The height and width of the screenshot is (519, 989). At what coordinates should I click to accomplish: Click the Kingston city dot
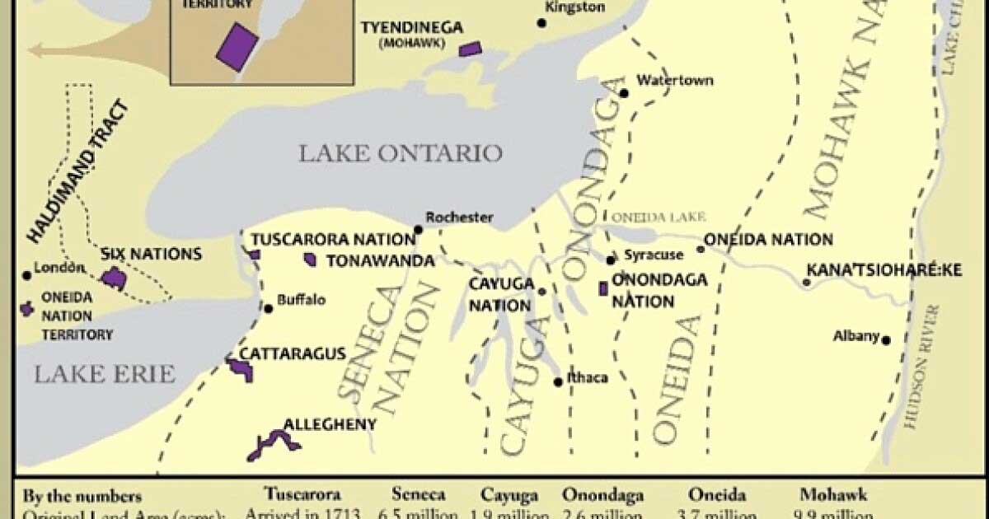tap(541, 22)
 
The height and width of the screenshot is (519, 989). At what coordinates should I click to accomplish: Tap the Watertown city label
tap(674, 81)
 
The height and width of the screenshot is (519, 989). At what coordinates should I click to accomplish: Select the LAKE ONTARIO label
tap(400, 153)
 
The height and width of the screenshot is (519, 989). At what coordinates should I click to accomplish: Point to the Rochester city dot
tap(419, 230)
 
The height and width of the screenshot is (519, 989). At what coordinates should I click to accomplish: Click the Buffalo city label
tap(301, 300)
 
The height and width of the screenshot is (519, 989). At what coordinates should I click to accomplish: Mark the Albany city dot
tap(886, 339)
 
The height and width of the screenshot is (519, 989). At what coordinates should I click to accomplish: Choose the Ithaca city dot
tap(559, 381)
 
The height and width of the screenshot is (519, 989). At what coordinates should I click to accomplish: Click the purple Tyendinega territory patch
tap(471, 49)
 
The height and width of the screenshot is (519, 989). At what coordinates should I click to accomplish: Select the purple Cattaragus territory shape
tap(241, 369)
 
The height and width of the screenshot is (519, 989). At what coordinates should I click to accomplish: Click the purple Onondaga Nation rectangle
tap(603, 289)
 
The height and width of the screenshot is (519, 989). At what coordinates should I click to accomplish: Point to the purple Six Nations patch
tap(114, 278)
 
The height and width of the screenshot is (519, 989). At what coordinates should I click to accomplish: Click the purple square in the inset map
tap(237, 45)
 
